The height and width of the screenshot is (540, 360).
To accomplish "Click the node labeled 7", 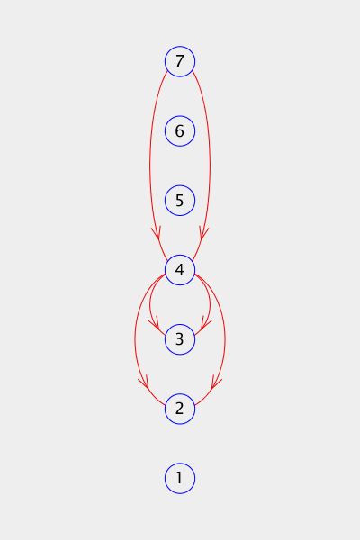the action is click(x=180, y=61).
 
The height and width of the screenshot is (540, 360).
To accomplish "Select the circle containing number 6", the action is click(x=180, y=130).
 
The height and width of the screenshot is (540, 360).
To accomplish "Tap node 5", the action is click(x=180, y=201).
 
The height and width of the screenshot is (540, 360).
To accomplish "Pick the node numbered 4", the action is click(x=180, y=270).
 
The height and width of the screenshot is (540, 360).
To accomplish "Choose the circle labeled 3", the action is click(x=180, y=339).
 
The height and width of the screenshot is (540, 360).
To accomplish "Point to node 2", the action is click(x=180, y=409).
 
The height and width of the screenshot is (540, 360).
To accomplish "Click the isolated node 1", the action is click(x=180, y=479).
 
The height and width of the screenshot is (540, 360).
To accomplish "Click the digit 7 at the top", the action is click(x=179, y=61).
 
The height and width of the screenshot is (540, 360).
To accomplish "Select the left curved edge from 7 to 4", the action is click(x=150, y=166).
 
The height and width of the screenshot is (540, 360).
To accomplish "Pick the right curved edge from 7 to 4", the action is click(x=210, y=166).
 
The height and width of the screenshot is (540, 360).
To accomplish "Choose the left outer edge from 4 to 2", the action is click(x=135, y=339).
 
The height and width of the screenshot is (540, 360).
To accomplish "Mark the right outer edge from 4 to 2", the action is click(x=225, y=339).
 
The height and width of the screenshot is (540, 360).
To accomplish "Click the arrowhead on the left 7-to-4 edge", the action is click(x=157, y=233).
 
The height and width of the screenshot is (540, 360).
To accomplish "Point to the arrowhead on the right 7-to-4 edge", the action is click(x=203, y=233).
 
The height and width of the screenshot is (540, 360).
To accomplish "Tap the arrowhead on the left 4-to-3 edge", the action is click(x=155, y=323).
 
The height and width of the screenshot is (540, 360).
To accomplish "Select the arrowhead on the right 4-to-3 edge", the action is click(x=205, y=323).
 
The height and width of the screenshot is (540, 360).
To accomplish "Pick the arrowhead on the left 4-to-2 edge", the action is click(x=144, y=382).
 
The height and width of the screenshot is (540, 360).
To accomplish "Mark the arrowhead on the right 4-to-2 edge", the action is click(x=216, y=382).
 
